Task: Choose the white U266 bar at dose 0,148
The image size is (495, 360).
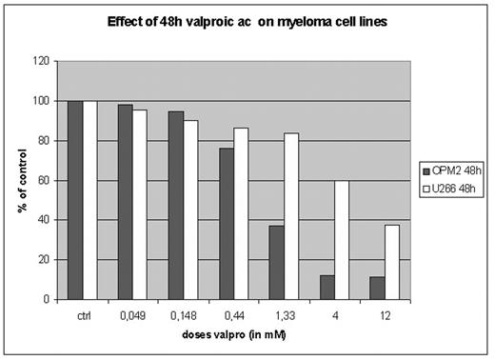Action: [190, 210]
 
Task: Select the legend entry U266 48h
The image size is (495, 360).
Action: [454, 190]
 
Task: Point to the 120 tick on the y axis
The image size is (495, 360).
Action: [41, 61]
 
